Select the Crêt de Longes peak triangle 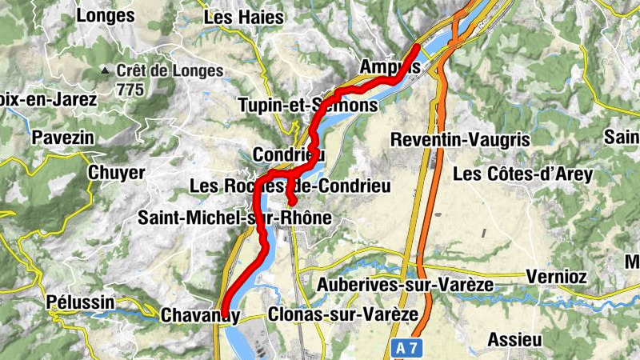click(104, 71)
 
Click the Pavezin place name click(62, 138)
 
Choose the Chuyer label click(117, 173)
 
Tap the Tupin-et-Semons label click(307, 105)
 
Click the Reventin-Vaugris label click(460, 139)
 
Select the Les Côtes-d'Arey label click(522, 174)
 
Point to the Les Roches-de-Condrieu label click(290, 186)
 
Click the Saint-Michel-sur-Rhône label click(234, 218)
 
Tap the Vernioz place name click(558, 277)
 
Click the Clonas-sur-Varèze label click(343, 314)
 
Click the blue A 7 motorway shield click(406, 347)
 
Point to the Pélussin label click(80, 302)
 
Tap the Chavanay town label click(199, 315)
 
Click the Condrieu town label click(288, 154)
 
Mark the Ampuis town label click(390, 66)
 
